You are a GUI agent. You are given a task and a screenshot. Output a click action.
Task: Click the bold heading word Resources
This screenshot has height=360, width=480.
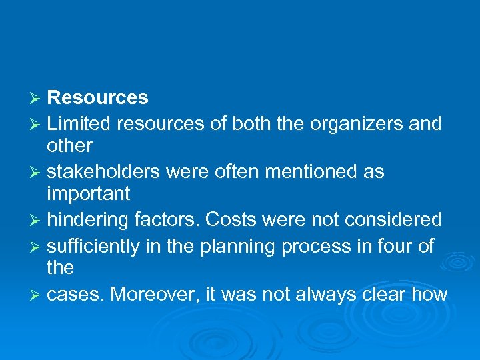pyautogui.click(x=98, y=98)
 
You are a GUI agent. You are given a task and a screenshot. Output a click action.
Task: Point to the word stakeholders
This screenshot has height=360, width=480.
pyautogui.click(x=103, y=171)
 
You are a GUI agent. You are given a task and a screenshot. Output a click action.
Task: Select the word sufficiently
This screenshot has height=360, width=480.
pyautogui.click(x=96, y=246)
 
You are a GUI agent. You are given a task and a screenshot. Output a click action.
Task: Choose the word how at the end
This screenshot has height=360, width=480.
pyautogui.click(x=431, y=294)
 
